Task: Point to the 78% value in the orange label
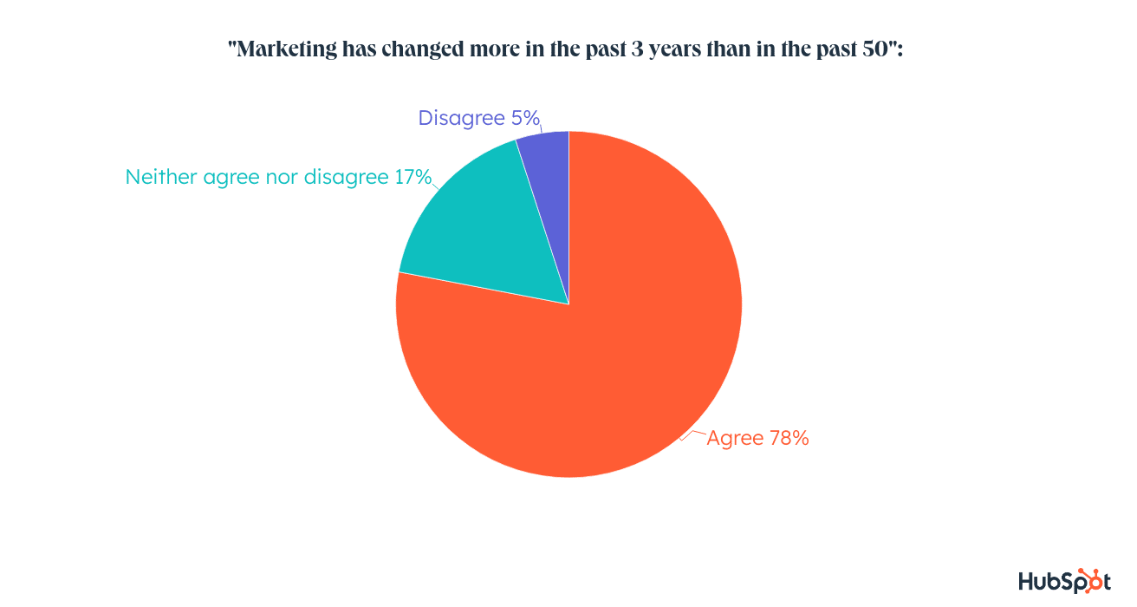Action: click(789, 439)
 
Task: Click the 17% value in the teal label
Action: click(413, 177)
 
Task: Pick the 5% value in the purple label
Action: click(523, 118)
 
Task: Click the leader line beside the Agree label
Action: click(692, 433)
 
